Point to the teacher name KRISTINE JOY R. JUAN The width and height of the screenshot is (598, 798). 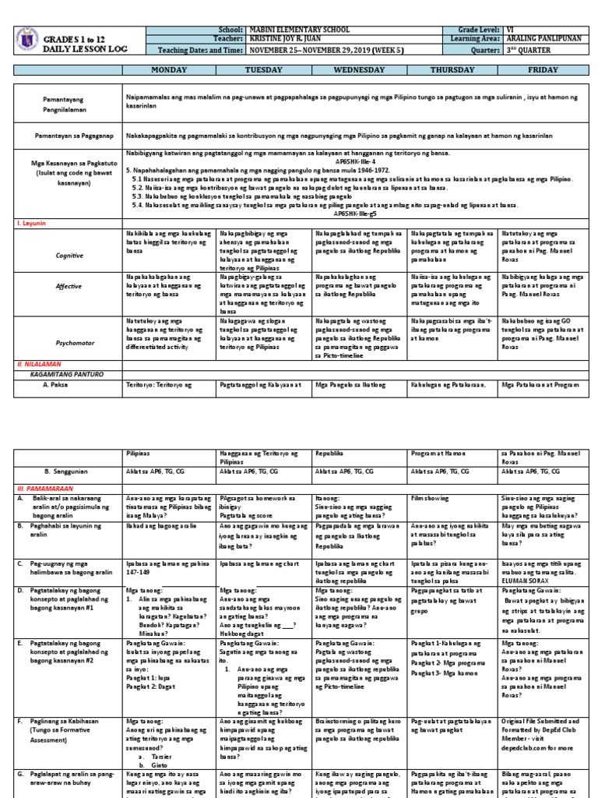click(x=285, y=39)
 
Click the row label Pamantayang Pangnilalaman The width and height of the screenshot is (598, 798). click(x=65, y=105)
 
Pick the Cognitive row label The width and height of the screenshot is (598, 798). click(x=69, y=255)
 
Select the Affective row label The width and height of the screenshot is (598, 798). click(x=69, y=286)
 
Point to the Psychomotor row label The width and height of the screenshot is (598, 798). click(x=69, y=341)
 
